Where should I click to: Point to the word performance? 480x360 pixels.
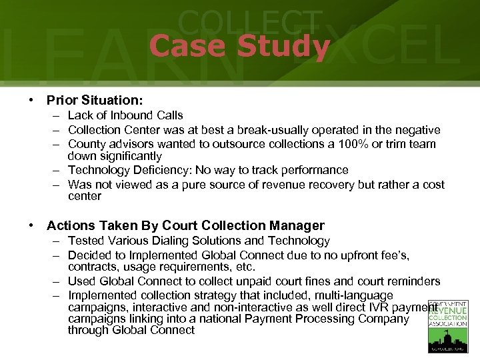(315, 170)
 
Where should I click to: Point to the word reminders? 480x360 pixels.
(411, 281)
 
